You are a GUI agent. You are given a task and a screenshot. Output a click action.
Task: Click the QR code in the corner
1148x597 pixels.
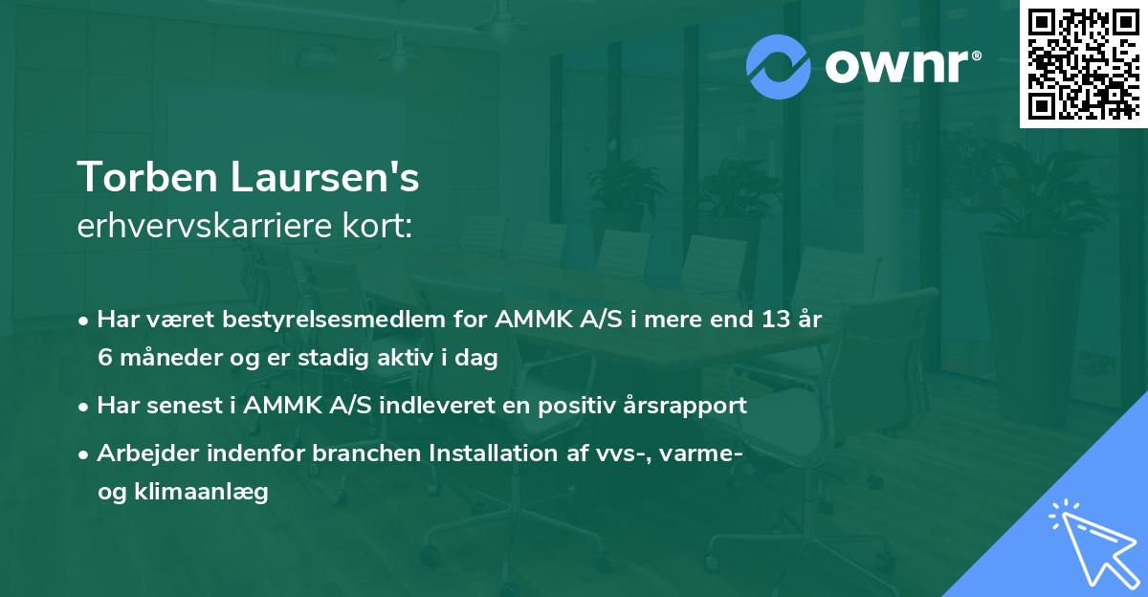pyautogui.click(x=1083, y=64)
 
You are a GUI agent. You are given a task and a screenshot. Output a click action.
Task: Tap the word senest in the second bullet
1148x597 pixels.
pyautogui.click(x=183, y=405)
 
